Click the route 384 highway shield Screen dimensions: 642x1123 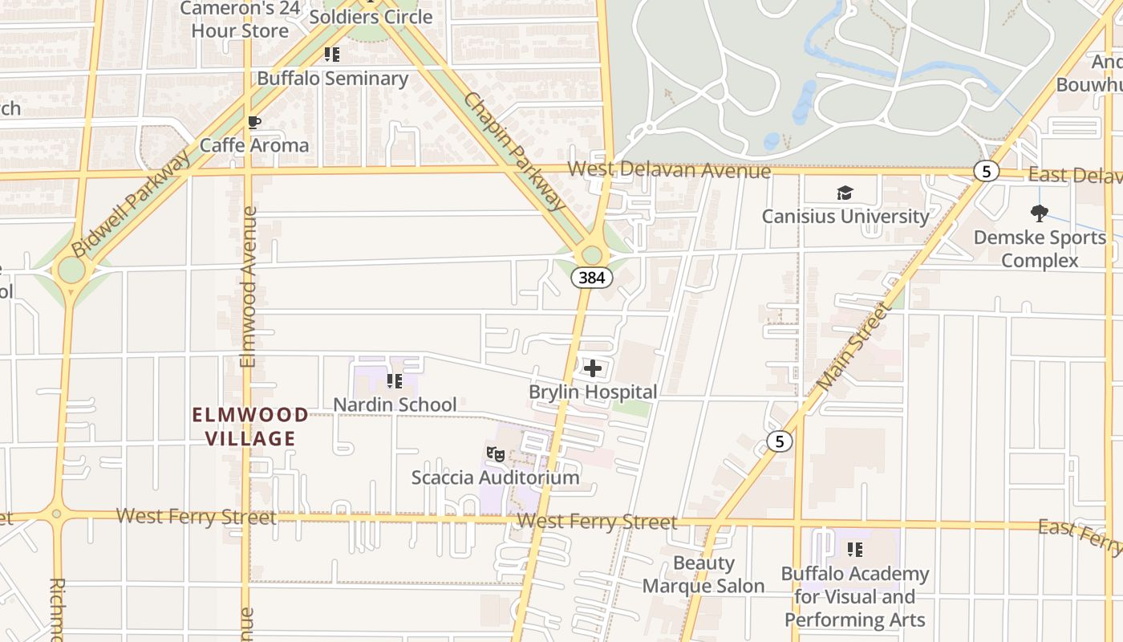(x=592, y=278)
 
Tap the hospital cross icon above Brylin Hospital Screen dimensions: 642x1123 (x=593, y=368)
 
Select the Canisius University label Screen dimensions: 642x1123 (x=845, y=216)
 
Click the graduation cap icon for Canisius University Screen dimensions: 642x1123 (x=845, y=193)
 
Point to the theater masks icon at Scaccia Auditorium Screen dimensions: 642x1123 (x=496, y=455)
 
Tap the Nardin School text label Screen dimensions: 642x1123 (x=395, y=404)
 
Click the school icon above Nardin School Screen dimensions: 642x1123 (x=394, y=381)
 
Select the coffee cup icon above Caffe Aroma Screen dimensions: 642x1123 (x=254, y=123)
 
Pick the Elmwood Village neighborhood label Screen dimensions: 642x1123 (x=250, y=426)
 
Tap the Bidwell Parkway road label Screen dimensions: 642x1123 (x=132, y=204)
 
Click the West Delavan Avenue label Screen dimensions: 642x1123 (x=669, y=171)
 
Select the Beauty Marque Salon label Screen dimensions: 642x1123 (x=703, y=575)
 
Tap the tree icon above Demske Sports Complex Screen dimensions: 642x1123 (x=1040, y=213)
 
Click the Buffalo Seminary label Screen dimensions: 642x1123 (x=333, y=79)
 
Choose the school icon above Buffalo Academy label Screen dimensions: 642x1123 (x=855, y=550)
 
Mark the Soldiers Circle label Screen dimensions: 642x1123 (x=371, y=17)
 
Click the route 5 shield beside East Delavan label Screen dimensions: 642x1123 (x=986, y=171)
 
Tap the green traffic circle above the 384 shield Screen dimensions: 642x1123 (x=592, y=254)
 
